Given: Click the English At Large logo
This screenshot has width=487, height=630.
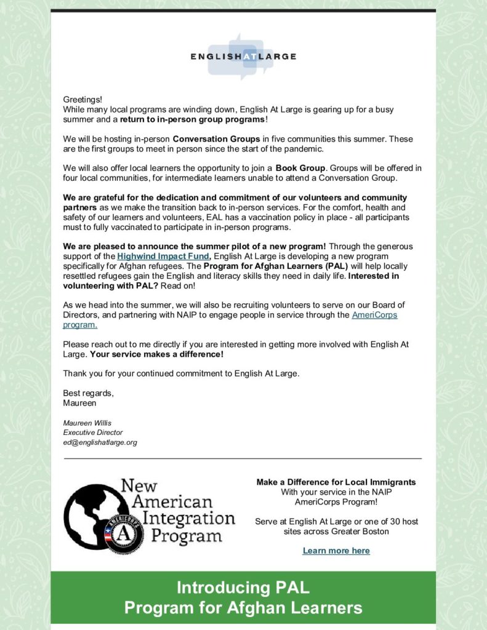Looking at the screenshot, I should click(x=243, y=57).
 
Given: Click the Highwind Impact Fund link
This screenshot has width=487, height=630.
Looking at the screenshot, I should click(x=163, y=256).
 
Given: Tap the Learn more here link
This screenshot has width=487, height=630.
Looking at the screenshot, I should click(x=336, y=551).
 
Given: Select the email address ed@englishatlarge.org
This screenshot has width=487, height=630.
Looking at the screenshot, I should click(x=100, y=442).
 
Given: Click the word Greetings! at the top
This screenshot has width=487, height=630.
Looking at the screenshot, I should click(x=83, y=100).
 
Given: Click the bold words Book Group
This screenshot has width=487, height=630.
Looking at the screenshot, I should click(x=300, y=168).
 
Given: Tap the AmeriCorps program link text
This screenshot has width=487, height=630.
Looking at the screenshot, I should click(x=374, y=315).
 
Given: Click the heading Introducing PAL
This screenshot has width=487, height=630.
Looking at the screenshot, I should click(x=243, y=588).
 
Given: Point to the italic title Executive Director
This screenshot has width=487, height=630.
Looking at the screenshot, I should click(x=93, y=433).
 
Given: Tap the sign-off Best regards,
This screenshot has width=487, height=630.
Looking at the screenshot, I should click(x=89, y=393).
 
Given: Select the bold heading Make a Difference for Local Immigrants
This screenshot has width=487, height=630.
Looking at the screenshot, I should click(x=336, y=482).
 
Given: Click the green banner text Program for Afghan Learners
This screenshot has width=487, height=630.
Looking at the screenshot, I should click(x=243, y=608).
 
